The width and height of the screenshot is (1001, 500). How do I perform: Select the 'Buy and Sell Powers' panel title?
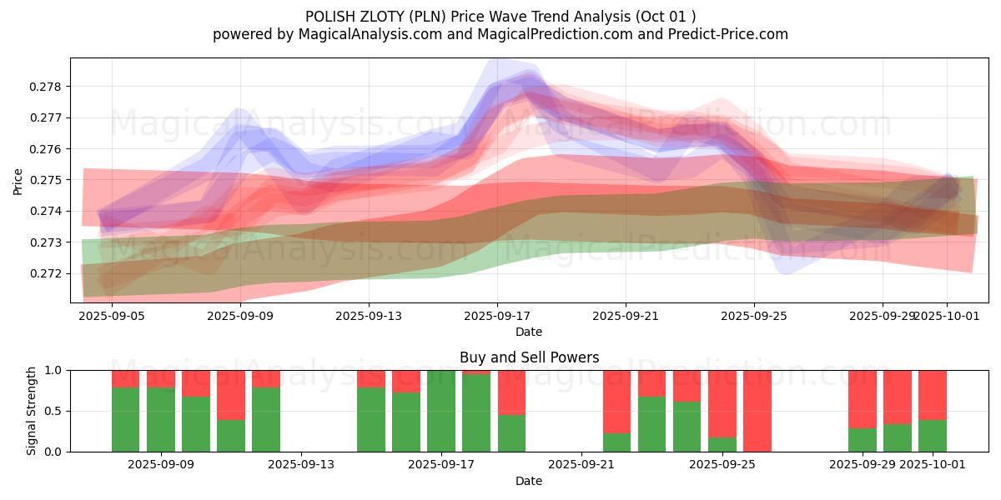(529, 357)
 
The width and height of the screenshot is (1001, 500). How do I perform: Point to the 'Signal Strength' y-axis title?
(31, 410)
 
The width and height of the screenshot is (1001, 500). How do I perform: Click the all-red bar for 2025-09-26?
(757, 411)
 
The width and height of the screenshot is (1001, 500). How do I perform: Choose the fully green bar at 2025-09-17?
(441, 411)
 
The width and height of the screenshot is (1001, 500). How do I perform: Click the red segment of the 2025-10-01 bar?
(933, 395)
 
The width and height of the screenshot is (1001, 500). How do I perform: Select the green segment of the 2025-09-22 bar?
(617, 442)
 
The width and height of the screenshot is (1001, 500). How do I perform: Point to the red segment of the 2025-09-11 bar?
(231, 395)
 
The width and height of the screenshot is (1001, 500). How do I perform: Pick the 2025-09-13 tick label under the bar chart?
(301, 465)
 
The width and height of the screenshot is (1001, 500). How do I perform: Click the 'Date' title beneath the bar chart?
(529, 481)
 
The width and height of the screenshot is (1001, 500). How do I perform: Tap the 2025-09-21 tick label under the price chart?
(626, 316)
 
